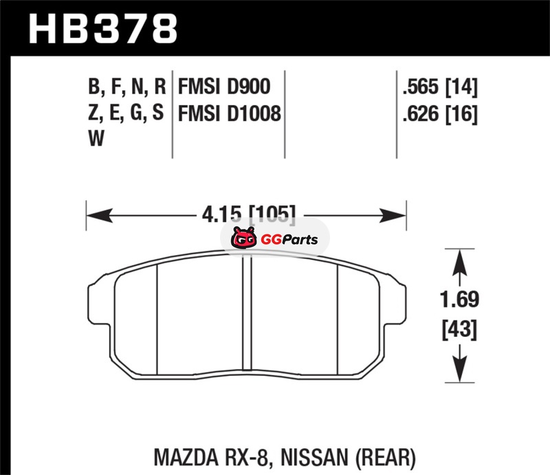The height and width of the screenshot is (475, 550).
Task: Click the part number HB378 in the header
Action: [102, 28]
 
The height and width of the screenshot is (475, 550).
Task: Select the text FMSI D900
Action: [224, 87]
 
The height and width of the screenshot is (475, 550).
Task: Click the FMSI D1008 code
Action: [230, 113]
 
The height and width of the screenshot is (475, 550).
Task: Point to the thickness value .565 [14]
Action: [440, 87]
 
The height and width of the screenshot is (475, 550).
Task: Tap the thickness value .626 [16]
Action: [440, 113]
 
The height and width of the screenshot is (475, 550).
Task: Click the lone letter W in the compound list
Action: [96, 138]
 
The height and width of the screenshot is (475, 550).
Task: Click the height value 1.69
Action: [459, 300]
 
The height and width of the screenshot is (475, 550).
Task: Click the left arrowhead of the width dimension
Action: [100, 215]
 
